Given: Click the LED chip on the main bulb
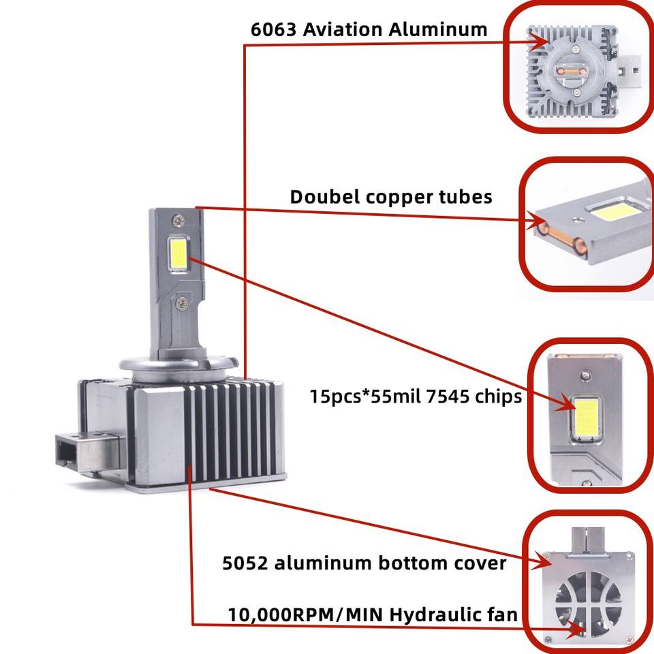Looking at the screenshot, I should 178,253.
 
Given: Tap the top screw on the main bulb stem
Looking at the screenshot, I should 178,219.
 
